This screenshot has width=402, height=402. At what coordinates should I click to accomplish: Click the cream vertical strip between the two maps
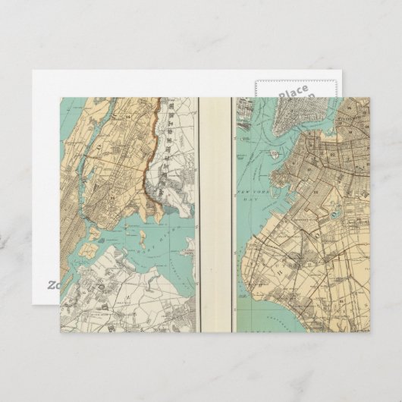pyautogui.click(x=214, y=212)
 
